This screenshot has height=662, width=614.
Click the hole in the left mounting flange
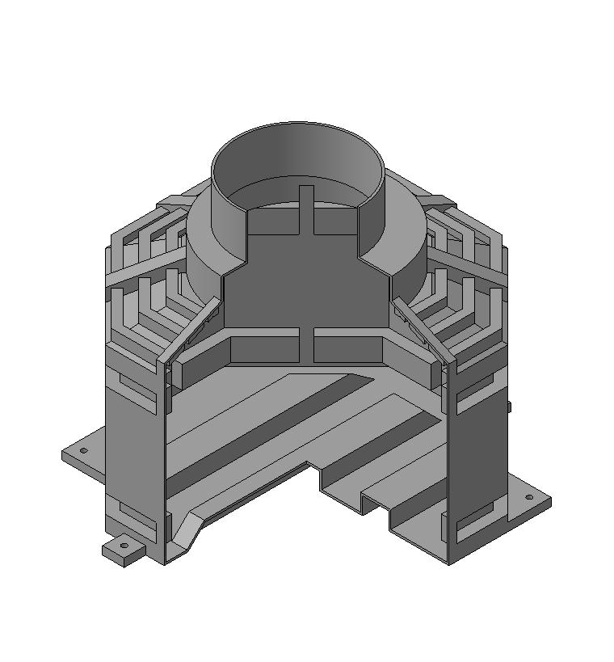coord(83,450)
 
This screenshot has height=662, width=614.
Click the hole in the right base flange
coord(528,498)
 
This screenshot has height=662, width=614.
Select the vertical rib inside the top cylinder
coord(306,209)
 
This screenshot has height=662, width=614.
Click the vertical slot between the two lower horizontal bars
coord(309,345)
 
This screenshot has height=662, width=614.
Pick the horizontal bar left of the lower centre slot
coord(267,349)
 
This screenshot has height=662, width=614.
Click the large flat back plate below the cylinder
coord(307,283)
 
